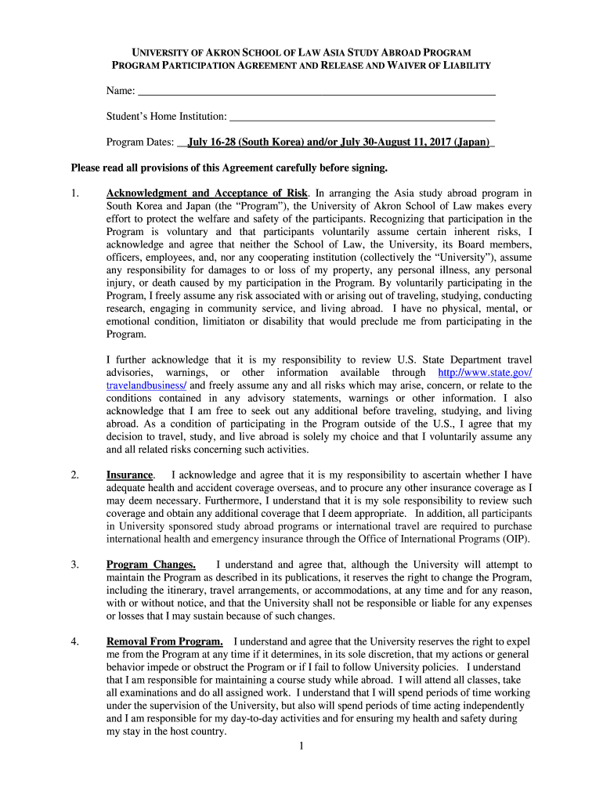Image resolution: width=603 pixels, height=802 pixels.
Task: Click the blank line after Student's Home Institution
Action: (x=361, y=117)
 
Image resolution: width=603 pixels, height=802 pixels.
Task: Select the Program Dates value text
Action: (x=338, y=143)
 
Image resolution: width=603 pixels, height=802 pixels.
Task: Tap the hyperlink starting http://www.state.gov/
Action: (x=485, y=372)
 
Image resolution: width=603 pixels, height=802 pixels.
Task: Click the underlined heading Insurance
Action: (x=130, y=475)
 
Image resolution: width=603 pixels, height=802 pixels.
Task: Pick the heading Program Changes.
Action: (x=151, y=564)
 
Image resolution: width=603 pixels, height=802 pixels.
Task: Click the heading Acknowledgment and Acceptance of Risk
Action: (x=208, y=193)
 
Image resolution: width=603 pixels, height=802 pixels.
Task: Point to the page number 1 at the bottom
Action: (x=301, y=746)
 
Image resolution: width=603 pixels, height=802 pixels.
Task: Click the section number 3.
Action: (x=74, y=564)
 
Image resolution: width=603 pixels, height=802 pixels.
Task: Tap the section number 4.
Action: (x=74, y=641)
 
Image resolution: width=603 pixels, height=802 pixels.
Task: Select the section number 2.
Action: (x=74, y=475)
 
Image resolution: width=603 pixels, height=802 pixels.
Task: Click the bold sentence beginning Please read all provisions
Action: (x=229, y=168)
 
